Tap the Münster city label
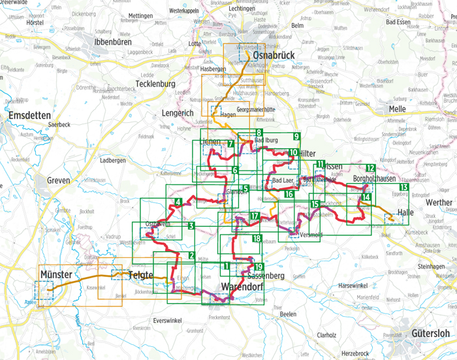[54, 274]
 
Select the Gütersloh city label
[431, 333]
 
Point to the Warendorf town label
[244, 287]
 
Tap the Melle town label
[396, 108]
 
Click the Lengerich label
[177, 113]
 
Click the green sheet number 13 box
[404, 188]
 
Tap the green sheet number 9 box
[296, 137]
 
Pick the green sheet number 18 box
[257, 238]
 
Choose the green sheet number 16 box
[289, 195]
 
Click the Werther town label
[438, 203]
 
